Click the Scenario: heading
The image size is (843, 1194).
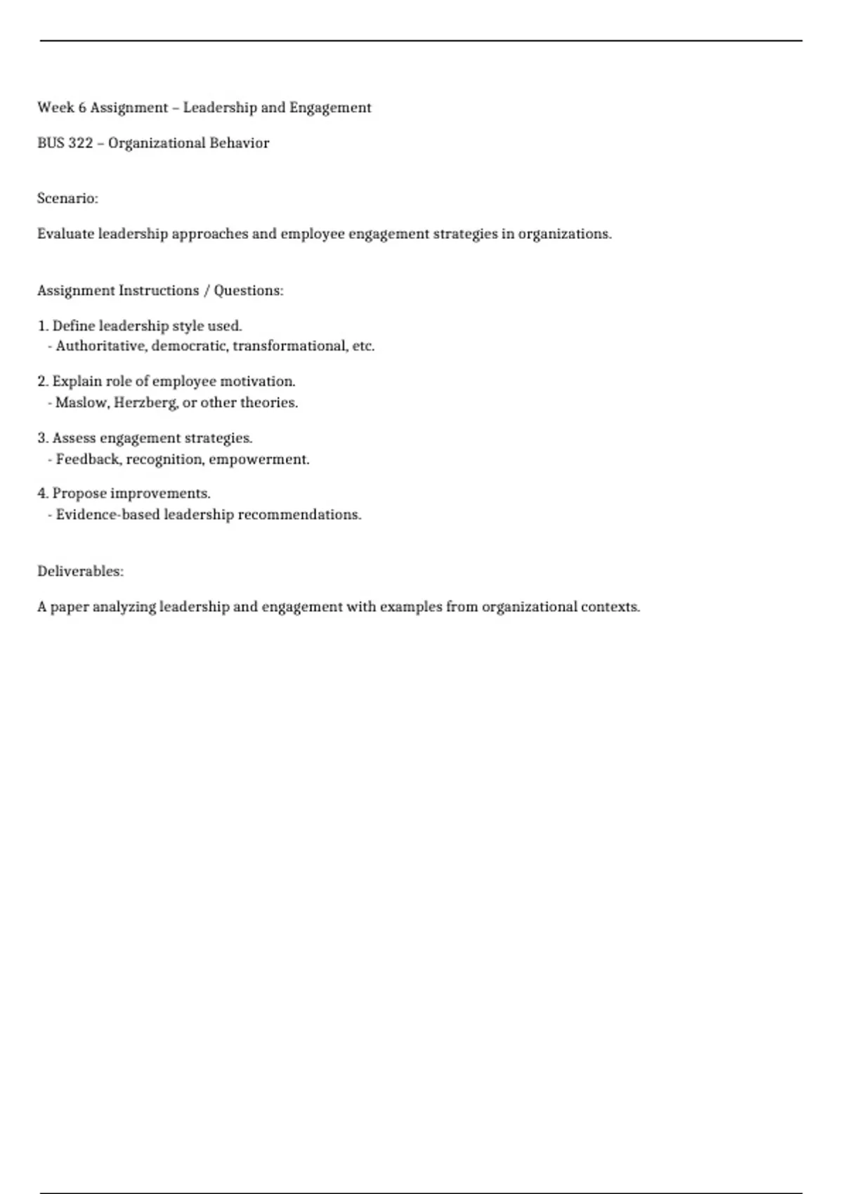pos(67,199)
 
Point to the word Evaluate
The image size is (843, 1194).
pos(65,234)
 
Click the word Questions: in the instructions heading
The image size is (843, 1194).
pos(249,291)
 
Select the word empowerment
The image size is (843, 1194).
pos(259,459)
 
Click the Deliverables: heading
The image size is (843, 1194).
pos(80,572)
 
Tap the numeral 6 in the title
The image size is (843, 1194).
pos(82,107)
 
